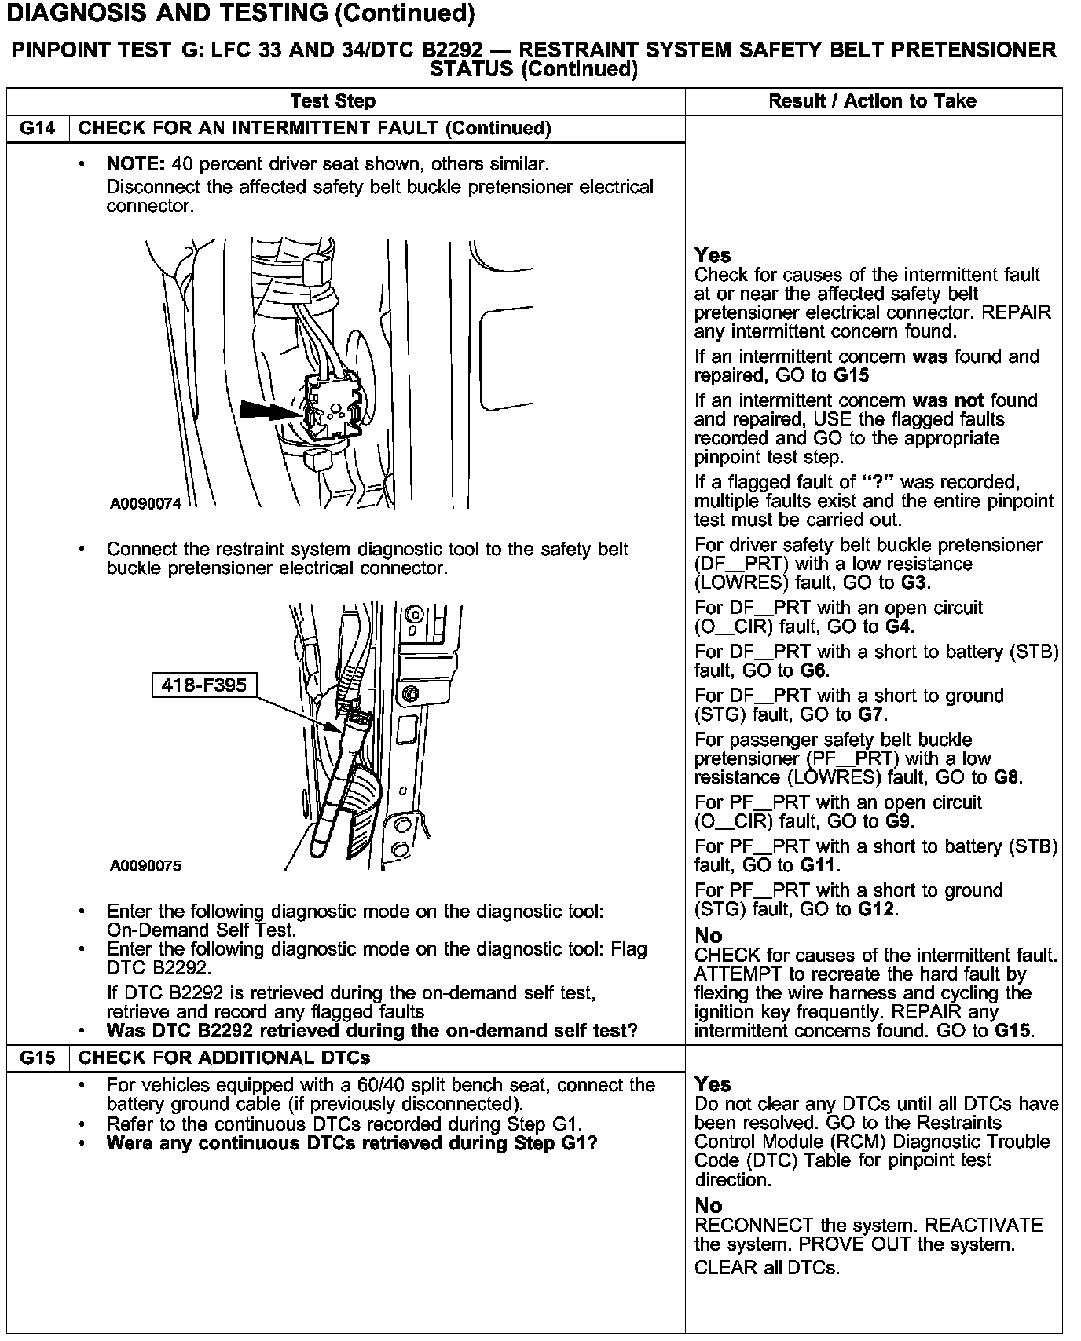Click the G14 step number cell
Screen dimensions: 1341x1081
point(38,129)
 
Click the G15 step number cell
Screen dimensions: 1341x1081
point(38,1058)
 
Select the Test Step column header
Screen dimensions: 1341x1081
point(332,101)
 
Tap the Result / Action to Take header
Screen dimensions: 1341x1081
point(872,101)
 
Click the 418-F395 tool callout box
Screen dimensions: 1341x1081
point(203,685)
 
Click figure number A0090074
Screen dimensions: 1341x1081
point(145,504)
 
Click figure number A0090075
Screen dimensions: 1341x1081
point(145,866)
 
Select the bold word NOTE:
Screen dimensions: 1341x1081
point(135,165)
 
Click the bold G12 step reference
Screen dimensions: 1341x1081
point(878,910)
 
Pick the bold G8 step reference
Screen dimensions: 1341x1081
point(1006,778)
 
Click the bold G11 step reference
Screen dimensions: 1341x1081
point(819,866)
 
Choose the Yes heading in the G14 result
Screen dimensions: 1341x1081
point(713,255)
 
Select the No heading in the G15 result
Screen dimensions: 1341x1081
point(708,1205)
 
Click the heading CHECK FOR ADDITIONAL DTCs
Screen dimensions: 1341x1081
point(225,1058)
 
